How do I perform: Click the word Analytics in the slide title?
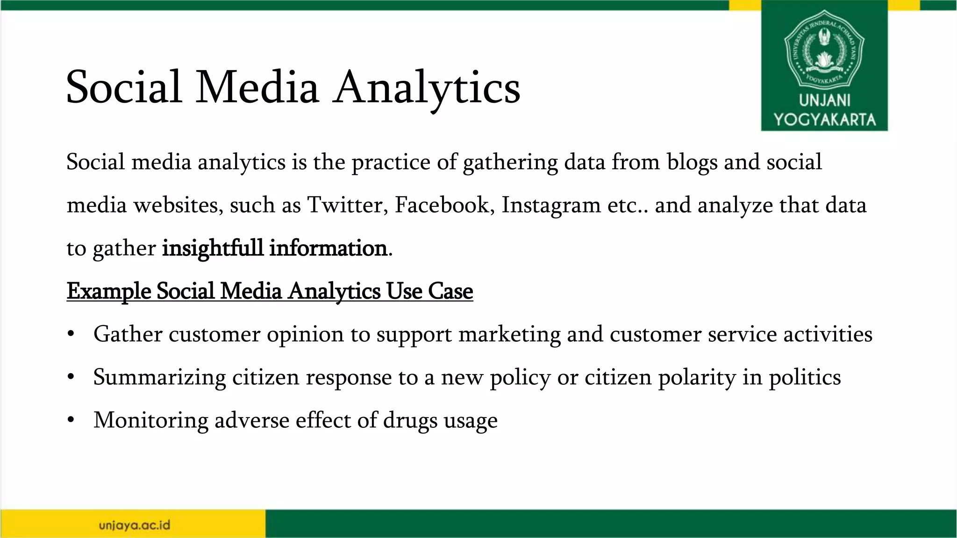[x=426, y=88]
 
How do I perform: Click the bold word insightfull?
[x=213, y=248]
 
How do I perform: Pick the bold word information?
[x=328, y=248]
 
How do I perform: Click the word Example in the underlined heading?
[x=108, y=291]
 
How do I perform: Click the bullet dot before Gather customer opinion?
[x=71, y=334]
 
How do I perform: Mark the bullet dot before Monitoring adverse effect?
[x=71, y=420]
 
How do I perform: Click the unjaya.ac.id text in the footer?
[x=135, y=525]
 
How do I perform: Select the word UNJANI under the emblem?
[x=824, y=100]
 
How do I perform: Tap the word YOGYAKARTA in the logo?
[x=824, y=120]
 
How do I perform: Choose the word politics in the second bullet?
[x=805, y=378]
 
